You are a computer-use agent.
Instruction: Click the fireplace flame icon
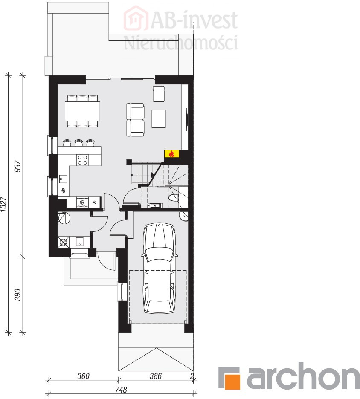click(171, 154)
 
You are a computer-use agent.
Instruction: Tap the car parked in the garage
click(160, 268)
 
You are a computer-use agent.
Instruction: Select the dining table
click(82, 111)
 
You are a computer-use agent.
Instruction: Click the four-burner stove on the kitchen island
click(83, 160)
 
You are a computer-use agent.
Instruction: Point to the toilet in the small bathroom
click(174, 197)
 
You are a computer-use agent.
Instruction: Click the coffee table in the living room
click(159, 119)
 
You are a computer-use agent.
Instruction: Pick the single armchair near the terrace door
click(159, 94)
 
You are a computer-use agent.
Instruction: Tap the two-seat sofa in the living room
click(136, 120)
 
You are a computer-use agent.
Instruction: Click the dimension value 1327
click(3, 204)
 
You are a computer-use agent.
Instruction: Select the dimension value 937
click(18, 166)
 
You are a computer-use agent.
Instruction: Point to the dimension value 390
click(17, 295)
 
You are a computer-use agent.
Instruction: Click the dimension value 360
click(83, 376)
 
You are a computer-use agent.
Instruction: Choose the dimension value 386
click(155, 376)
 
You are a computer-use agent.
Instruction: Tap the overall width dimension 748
click(121, 390)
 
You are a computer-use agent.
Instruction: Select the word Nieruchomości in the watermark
click(181, 43)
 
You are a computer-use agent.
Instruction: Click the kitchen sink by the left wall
click(63, 179)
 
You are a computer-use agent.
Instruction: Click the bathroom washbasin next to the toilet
click(155, 205)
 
